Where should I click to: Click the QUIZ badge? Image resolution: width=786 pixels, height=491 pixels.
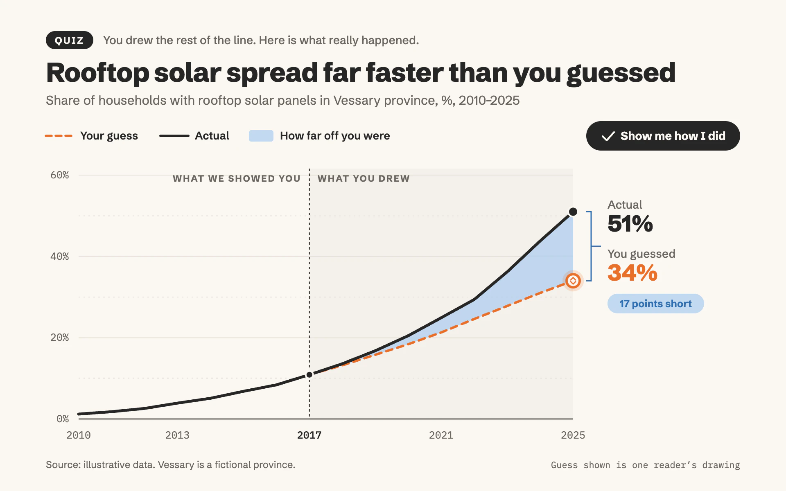click(x=70, y=40)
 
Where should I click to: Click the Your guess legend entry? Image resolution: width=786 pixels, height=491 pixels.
click(x=91, y=136)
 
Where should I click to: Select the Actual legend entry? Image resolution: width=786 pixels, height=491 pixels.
click(x=194, y=136)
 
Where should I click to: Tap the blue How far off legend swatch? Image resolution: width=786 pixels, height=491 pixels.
click(x=261, y=136)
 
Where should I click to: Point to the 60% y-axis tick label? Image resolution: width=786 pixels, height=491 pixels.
click(x=60, y=175)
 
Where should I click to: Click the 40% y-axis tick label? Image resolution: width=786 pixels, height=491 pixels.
click(x=60, y=257)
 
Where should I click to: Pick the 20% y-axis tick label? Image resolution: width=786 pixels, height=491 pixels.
click(x=60, y=338)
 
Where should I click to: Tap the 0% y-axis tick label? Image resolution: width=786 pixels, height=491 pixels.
click(x=63, y=419)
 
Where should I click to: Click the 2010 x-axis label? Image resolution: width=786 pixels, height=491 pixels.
click(x=79, y=435)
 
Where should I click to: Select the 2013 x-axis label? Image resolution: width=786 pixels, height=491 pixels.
click(x=177, y=435)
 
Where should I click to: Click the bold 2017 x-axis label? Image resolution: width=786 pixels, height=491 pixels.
click(x=309, y=435)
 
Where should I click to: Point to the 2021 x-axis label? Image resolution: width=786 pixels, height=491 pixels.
click(x=441, y=435)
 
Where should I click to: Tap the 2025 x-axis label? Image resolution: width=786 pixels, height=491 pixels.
click(x=573, y=435)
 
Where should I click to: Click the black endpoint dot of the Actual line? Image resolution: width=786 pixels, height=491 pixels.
click(x=573, y=212)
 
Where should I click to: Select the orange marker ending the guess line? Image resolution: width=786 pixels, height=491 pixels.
click(x=573, y=281)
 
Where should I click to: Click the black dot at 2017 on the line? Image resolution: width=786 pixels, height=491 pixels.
click(x=309, y=375)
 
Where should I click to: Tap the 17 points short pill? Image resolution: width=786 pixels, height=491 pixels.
click(x=655, y=304)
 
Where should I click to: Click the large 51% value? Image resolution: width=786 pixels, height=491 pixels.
click(x=630, y=224)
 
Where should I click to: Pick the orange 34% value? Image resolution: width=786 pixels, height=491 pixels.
click(x=632, y=273)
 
